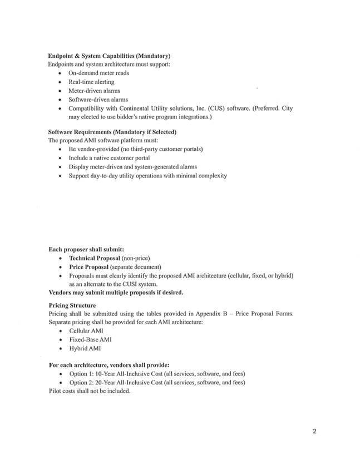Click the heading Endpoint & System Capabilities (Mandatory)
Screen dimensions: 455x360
(109, 56)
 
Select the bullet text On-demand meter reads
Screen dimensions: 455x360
(98, 73)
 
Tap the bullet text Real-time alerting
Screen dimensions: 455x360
(91, 82)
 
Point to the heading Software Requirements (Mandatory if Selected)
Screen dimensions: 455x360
(112, 132)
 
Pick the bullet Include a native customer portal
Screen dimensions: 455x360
(109, 158)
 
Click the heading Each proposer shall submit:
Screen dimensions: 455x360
(86, 249)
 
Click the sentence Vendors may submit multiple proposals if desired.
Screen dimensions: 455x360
(116, 292)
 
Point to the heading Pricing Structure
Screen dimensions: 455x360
(72, 305)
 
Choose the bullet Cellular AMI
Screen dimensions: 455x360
(86, 331)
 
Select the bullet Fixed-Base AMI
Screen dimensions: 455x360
(90, 339)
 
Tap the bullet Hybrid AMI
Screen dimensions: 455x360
(85, 348)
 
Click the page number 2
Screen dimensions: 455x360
(314, 431)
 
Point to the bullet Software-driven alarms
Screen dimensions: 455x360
(98, 100)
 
